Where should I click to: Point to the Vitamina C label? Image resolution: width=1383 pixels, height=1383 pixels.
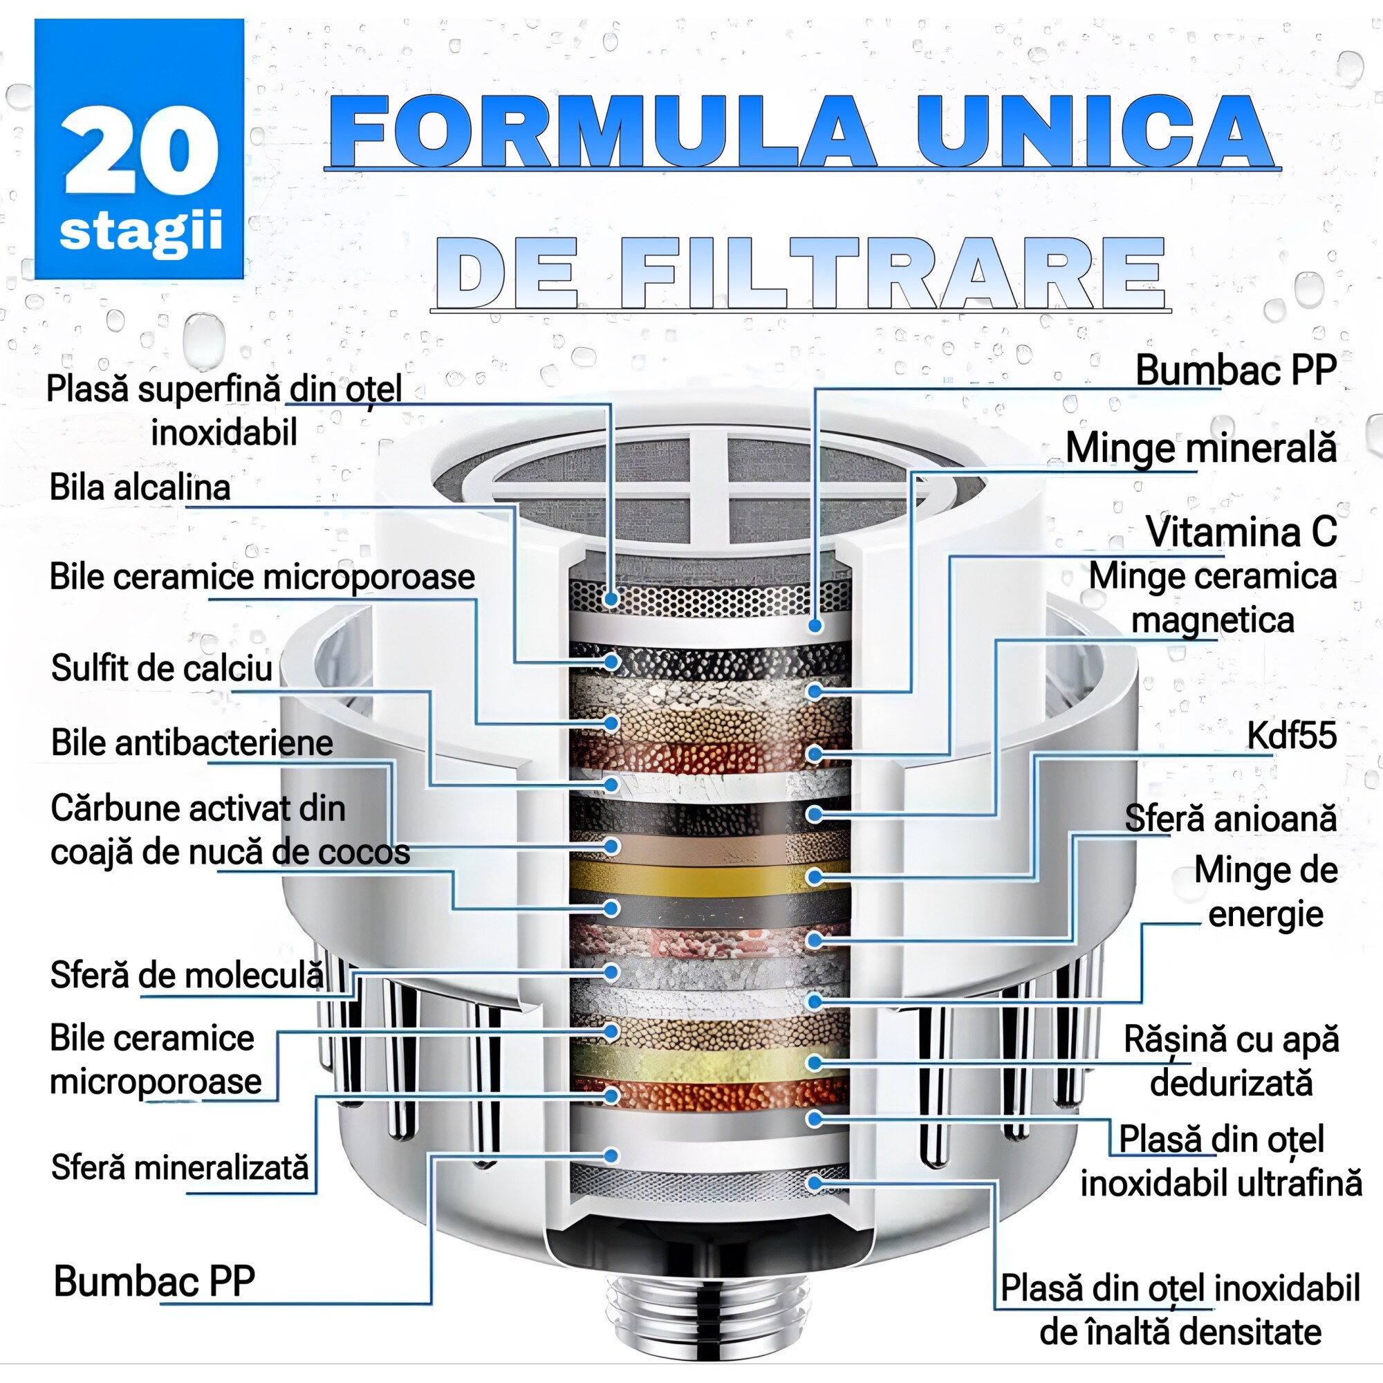pyautogui.click(x=1241, y=532)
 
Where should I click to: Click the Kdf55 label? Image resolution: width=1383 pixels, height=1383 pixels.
pyautogui.click(x=1291, y=735)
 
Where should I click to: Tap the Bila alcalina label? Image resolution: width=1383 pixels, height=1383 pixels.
pyautogui.click(x=140, y=488)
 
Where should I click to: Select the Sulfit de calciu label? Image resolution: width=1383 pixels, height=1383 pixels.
pyautogui.click(x=162, y=668)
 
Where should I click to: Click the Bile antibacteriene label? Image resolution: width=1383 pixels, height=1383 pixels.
pyautogui.click(x=192, y=742)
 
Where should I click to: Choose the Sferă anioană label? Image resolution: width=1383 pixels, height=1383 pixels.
pyautogui.click(x=1229, y=818)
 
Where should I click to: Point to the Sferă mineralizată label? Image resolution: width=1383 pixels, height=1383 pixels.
pyautogui.click(x=180, y=1167)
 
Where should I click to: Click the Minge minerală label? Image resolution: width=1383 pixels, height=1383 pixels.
pyautogui.click(x=1200, y=448)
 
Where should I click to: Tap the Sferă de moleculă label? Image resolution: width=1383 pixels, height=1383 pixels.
pyautogui.click(x=186, y=975)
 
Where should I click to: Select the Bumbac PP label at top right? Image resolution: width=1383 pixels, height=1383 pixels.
pyautogui.click(x=1236, y=370)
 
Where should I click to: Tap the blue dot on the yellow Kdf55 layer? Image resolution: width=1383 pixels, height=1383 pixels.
pyautogui.click(x=814, y=878)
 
